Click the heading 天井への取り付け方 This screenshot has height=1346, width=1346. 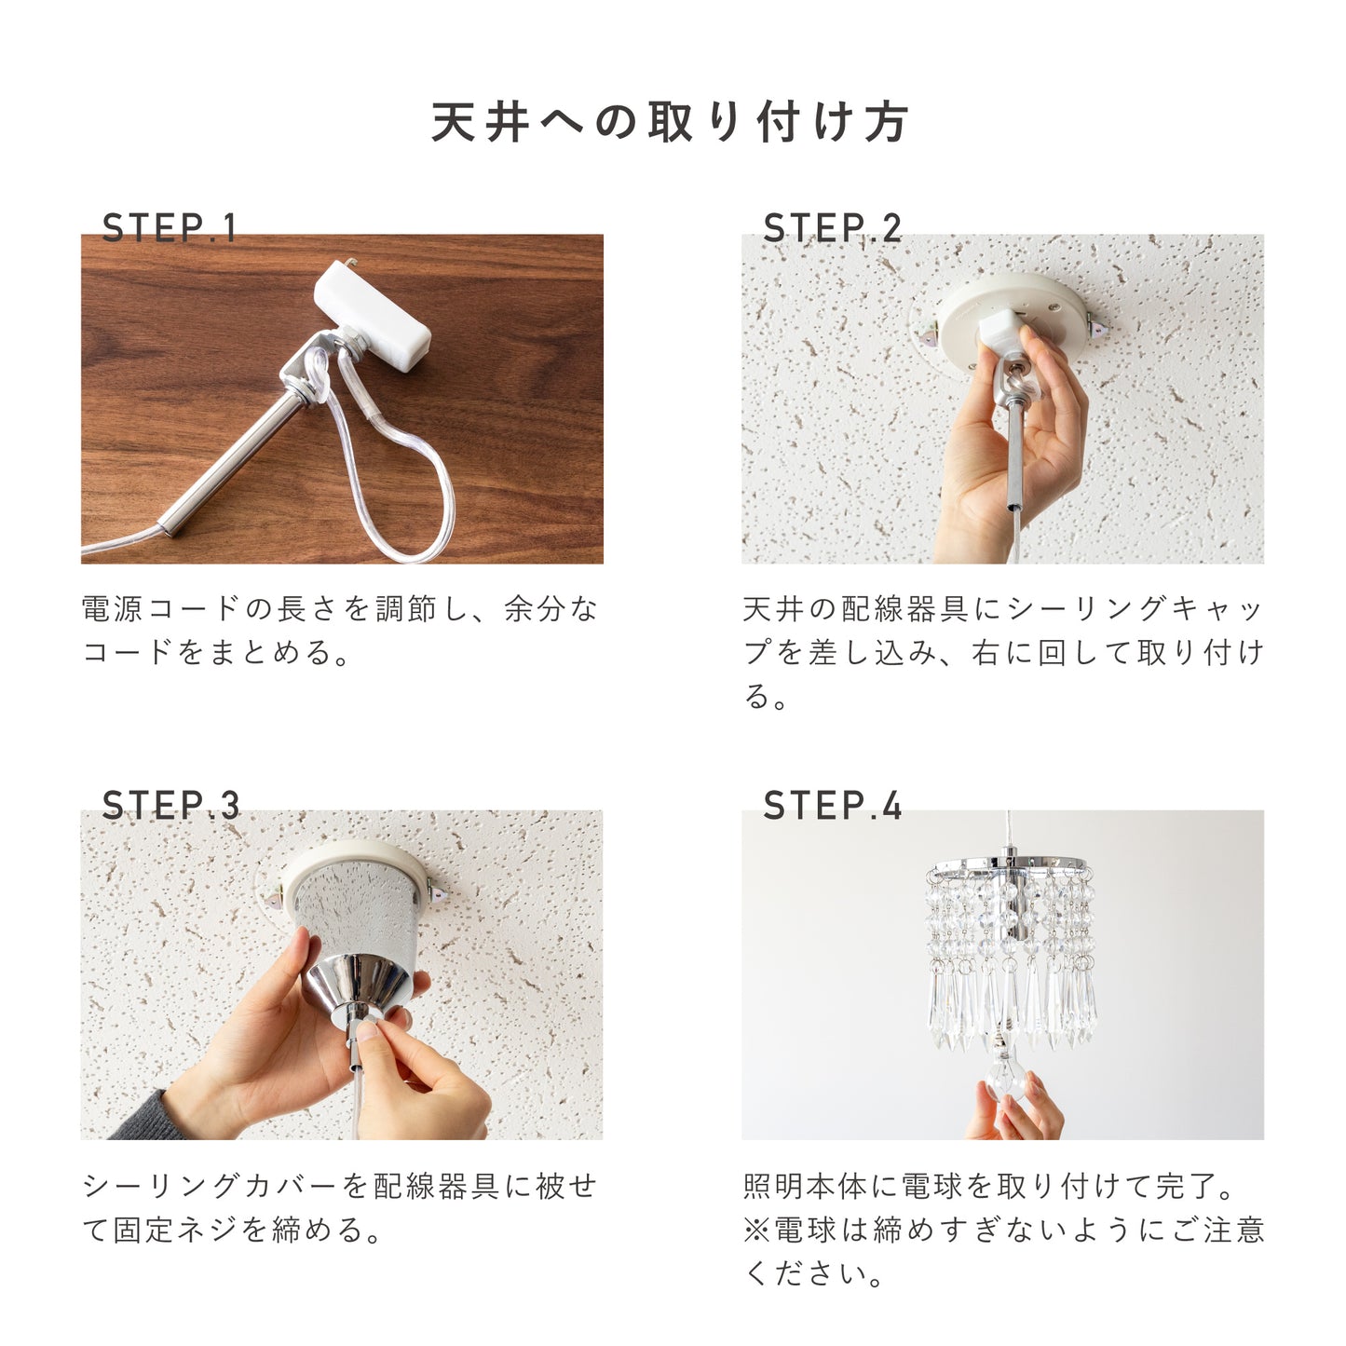pos(670,123)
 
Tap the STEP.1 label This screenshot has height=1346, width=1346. pos(170,228)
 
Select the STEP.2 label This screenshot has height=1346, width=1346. pos(833,228)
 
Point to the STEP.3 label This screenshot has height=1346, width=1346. pos(171,806)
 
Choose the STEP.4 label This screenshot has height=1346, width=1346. pos(833,806)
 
